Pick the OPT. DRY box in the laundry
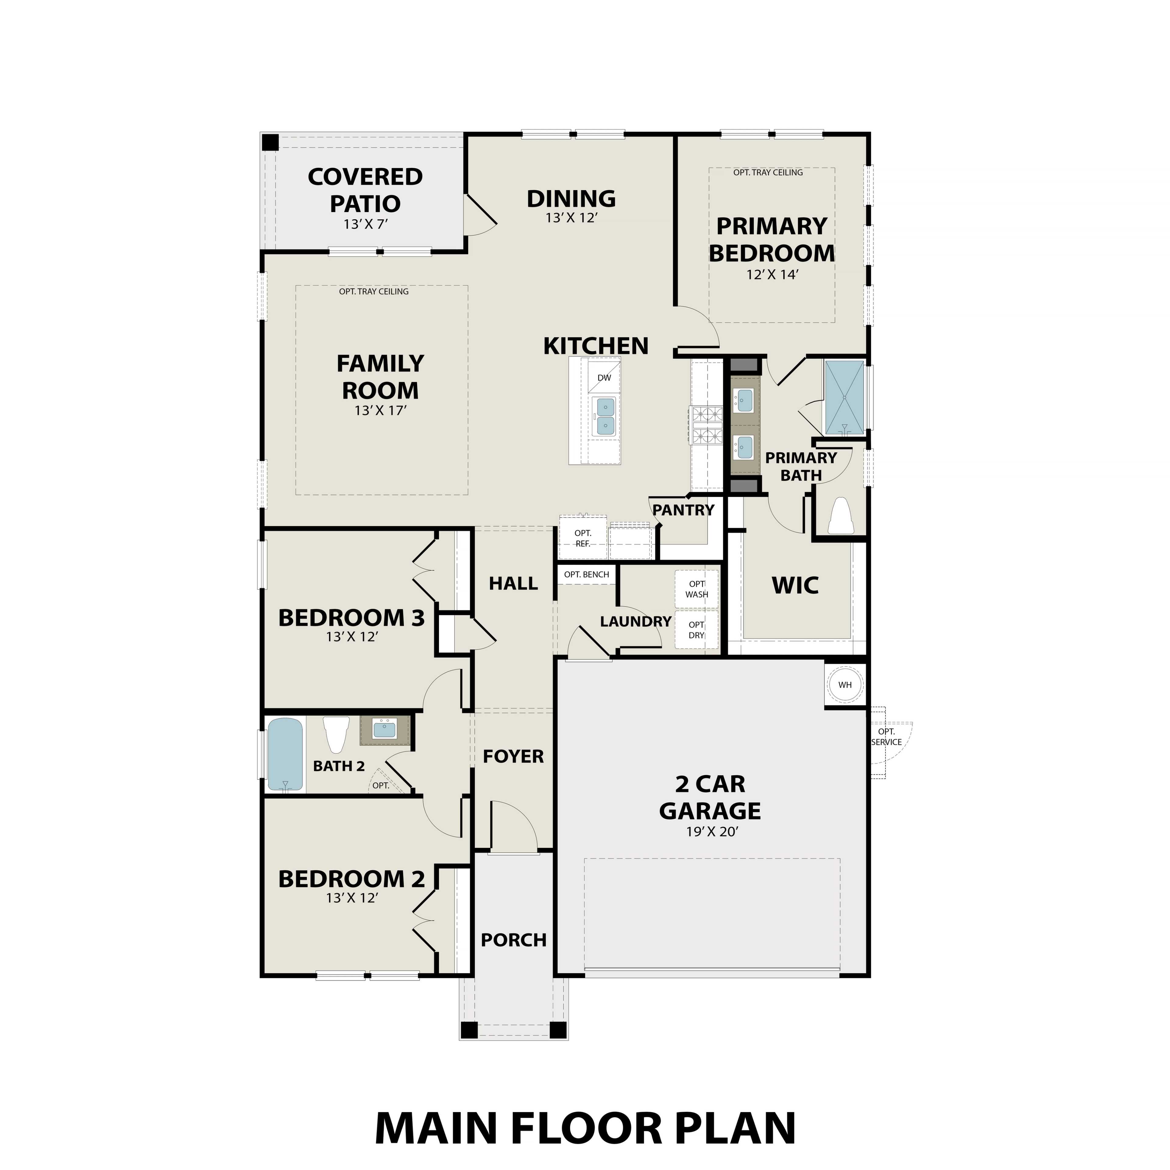tap(697, 630)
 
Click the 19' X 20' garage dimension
tap(712, 832)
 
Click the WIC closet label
tap(795, 586)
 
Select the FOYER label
tap(513, 756)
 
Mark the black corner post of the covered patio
tap(270, 143)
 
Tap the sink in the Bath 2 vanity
tap(384, 730)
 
